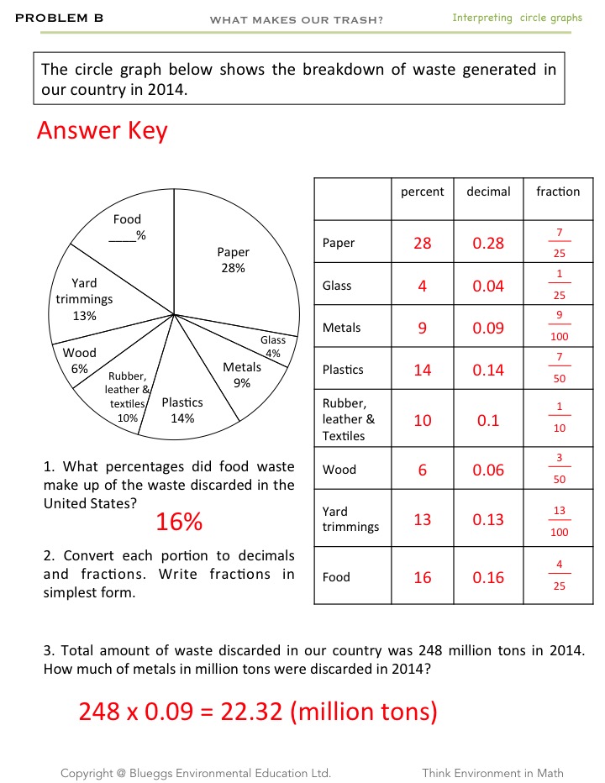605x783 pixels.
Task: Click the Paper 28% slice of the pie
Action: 233,260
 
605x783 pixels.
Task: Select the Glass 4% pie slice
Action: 273,345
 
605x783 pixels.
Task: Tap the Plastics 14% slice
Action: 182,410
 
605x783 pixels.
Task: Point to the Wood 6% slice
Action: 80,360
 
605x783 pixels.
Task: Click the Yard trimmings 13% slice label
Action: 84,299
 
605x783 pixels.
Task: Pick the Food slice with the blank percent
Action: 127,227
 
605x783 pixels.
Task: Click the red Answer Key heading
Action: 102,130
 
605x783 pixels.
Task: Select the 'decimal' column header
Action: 488,192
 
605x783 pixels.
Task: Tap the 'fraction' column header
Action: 558,192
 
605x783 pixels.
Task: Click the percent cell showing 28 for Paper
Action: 422,243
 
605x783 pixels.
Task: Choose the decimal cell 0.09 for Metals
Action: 488,328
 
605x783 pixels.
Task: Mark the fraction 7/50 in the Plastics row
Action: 560,369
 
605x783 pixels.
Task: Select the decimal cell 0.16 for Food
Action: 488,577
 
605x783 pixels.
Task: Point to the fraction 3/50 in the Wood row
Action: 560,469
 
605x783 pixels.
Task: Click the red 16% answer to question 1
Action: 179,522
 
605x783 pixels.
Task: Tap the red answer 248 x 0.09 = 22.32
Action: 258,711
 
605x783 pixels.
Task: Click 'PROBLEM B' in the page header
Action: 52,18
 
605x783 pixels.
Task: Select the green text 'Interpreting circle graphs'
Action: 517,18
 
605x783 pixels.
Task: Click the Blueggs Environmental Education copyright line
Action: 195,773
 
